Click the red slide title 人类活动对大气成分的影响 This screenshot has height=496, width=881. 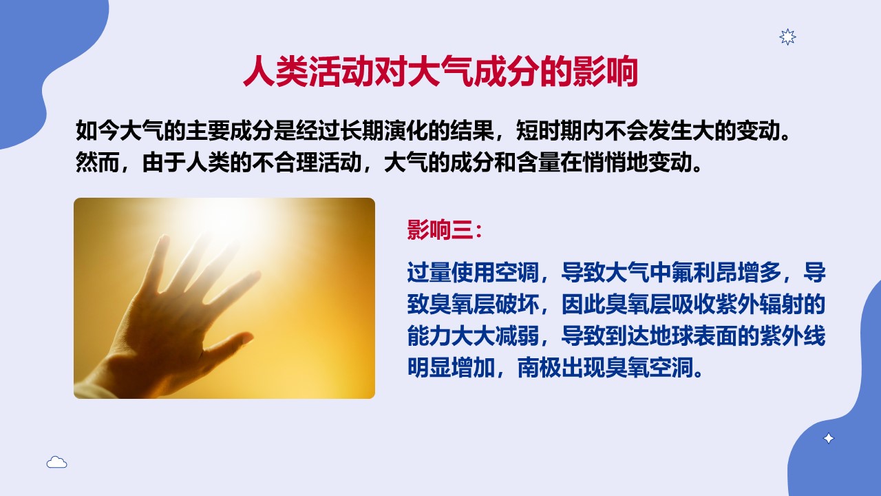(x=440, y=72)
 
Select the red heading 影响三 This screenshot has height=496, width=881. (x=440, y=229)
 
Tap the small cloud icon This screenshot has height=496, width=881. (x=56, y=462)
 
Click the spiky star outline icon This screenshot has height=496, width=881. (x=787, y=37)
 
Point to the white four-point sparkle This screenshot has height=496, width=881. (x=828, y=439)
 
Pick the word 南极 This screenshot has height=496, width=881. (x=539, y=368)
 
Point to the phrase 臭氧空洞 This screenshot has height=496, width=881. (x=649, y=368)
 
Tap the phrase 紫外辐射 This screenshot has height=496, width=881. (x=759, y=304)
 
